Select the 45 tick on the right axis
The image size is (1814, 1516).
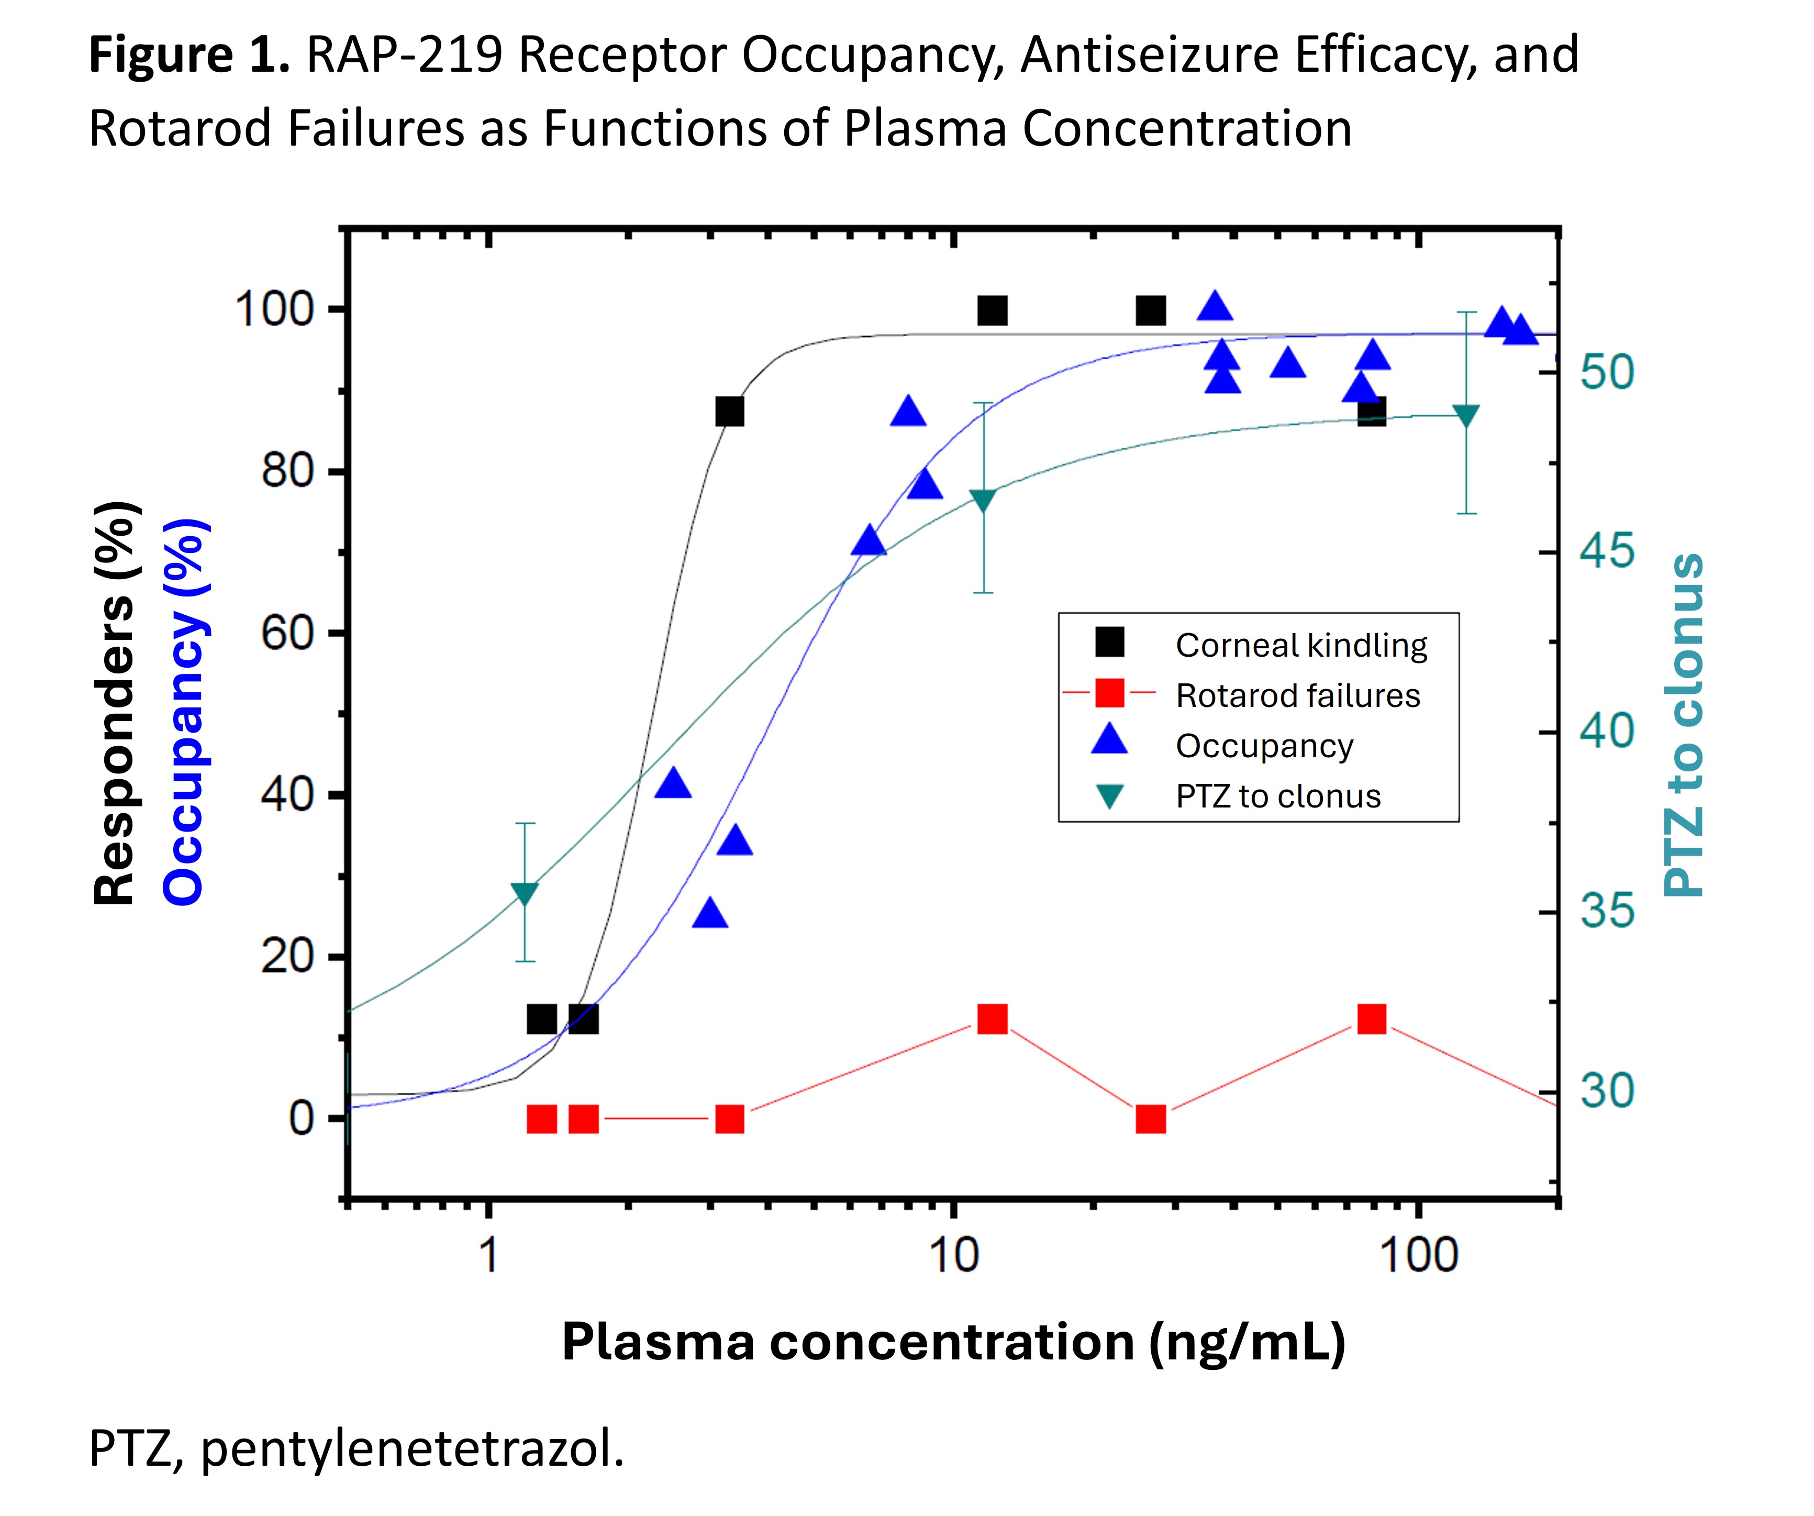pos(1607,551)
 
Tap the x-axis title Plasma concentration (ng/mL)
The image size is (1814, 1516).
pos(953,1342)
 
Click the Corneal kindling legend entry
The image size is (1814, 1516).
pos(1300,645)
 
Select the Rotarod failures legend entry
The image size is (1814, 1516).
pos(1297,695)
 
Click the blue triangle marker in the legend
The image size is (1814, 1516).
pos(1110,741)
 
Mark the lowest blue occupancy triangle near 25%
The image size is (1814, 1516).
pos(710,914)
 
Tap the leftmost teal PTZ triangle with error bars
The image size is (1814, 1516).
pos(525,894)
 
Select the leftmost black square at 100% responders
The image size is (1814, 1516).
pos(993,310)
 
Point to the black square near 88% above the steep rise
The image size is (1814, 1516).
pos(730,412)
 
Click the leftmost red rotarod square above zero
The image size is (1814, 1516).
pos(993,1019)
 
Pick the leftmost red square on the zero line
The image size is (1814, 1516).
pos(542,1120)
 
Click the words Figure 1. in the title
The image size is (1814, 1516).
pos(189,54)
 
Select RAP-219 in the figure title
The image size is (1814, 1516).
pos(404,54)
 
